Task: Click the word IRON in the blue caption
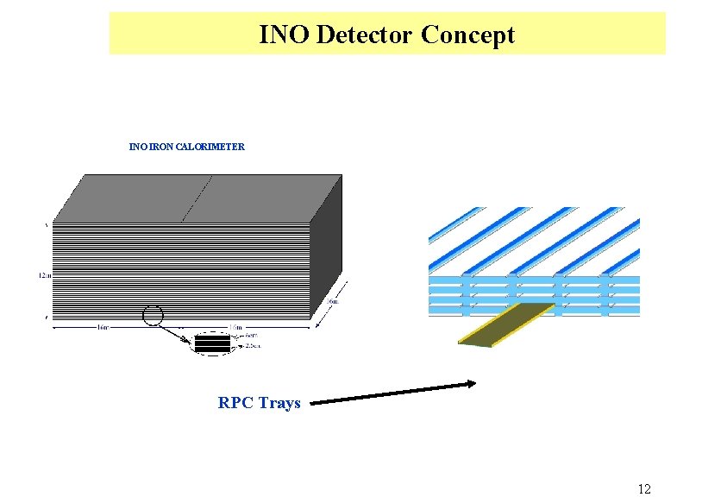click(x=160, y=147)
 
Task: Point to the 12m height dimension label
click(x=43, y=275)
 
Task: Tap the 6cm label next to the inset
click(x=252, y=336)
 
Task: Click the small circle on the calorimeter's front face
click(x=152, y=317)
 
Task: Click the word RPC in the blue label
click(x=235, y=402)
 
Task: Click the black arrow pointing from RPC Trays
click(x=392, y=393)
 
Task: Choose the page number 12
click(x=644, y=489)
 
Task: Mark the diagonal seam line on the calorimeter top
click(x=196, y=198)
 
